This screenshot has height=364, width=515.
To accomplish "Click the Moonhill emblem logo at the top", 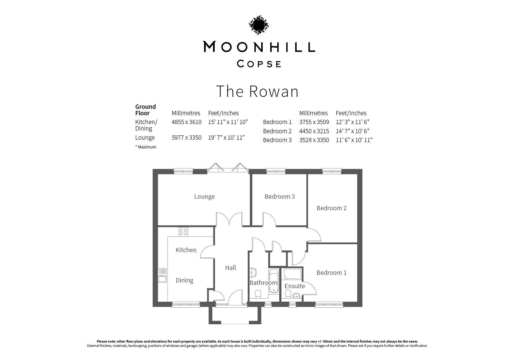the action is point(259,25).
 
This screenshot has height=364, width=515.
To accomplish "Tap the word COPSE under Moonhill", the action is point(259,64).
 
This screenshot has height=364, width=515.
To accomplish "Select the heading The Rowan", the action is point(257,91).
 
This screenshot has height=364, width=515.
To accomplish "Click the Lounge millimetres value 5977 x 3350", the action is point(187,138).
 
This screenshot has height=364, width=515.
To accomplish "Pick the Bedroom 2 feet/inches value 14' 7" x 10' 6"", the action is point(352,131).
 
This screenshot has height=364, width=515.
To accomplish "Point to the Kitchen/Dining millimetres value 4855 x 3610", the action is point(187,122).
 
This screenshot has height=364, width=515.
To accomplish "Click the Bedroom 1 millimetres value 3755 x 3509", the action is point(314,122).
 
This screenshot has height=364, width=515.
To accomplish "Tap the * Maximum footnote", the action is point(146,147).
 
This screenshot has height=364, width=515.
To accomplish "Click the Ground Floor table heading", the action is point(146,110).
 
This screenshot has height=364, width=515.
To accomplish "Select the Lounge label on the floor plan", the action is point(204,197).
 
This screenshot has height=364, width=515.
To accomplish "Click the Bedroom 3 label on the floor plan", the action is point(280,197).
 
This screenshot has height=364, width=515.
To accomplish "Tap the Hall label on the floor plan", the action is point(230,268).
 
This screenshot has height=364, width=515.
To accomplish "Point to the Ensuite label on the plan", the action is point(295,286).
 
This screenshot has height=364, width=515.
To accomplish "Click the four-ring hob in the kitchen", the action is point(183,232).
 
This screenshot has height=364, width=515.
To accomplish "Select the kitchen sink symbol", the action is point(162,275).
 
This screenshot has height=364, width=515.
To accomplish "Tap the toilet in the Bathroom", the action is point(258,294).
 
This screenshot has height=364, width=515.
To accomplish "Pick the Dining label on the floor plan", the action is point(184,280).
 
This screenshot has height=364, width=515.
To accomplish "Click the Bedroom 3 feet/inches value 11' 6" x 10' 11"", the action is point(354,140).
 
